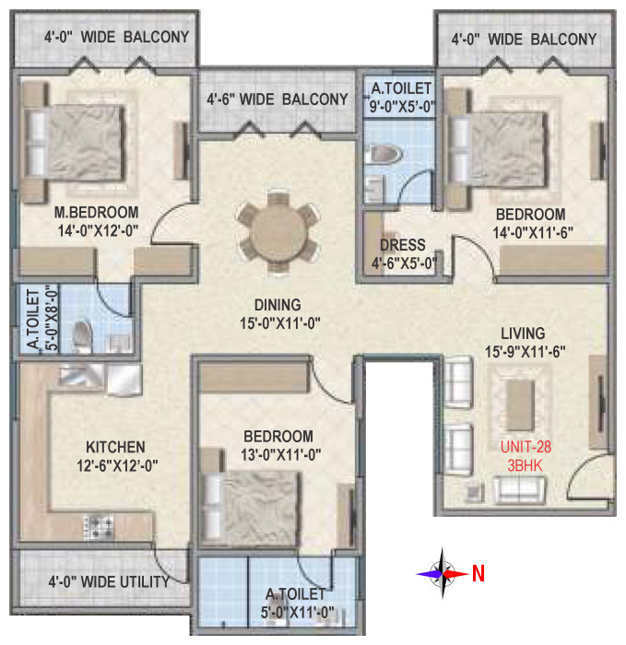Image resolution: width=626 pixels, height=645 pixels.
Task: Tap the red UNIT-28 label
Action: pos(526,447)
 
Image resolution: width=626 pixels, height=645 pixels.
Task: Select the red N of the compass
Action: pos(478,573)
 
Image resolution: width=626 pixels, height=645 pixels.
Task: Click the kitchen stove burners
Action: pos(99,526)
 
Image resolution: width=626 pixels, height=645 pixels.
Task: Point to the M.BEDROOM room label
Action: pos(96,212)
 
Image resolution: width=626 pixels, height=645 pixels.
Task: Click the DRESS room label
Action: pos(403,245)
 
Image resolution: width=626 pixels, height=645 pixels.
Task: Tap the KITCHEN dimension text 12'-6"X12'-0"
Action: pos(117,466)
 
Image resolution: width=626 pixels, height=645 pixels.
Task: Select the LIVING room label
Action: pos(523,334)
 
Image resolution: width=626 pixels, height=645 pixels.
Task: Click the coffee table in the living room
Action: pos(520,405)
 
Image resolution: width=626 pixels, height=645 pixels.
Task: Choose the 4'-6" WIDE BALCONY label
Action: pos(278,100)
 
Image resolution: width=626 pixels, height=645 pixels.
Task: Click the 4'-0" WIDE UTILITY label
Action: pos(109,582)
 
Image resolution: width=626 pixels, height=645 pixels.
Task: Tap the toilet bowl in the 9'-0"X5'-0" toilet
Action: pos(384,155)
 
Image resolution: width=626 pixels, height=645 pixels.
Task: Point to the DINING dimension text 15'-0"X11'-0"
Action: pos(280,323)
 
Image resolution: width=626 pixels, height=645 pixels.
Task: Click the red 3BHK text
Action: pos(525,465)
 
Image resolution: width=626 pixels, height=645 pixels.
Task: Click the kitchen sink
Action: pos(100,378)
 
